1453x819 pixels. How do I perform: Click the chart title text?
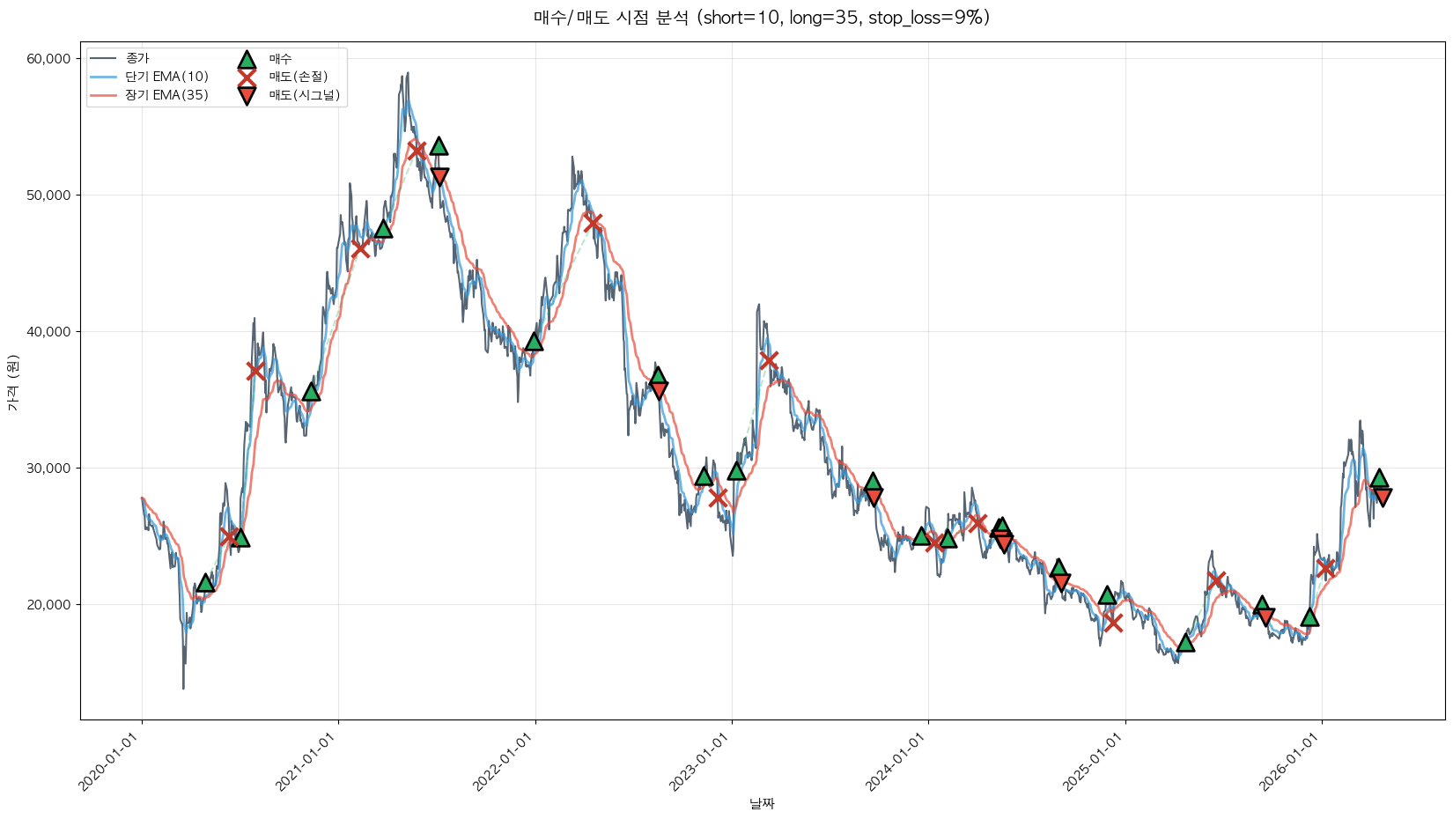click(x=762, y=18)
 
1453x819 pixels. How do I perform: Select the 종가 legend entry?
click(x=137, y=59)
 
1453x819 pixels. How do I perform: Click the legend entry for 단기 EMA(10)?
click(x=166, y=77)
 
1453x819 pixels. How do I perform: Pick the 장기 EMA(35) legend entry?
click(x=166, y=95)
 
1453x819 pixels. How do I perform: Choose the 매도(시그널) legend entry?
click(x=304, y=95)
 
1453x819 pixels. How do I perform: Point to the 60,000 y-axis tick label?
click(x=48, y=59)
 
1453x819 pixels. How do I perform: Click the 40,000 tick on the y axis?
click(x=48, y=332)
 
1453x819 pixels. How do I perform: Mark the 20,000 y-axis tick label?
click(x=48, y=605)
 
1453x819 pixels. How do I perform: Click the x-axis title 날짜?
click(x=762, y=803)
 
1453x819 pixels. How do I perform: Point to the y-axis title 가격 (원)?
click(x=12, y=383)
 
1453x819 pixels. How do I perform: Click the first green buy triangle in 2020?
click(x=205, y=583)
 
